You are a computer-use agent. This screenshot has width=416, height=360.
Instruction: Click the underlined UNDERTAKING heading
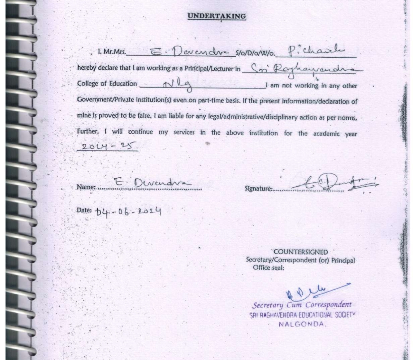point(217,16)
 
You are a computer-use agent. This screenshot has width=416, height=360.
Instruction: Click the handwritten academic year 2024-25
point(107,146)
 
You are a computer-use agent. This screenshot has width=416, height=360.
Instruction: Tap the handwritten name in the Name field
point(153,183)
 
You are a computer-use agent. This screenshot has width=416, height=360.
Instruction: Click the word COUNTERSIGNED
point(301,252)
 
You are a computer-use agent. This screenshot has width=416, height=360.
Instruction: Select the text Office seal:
point(268,268)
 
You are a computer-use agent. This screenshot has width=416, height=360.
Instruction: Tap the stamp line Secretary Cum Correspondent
point(302,305)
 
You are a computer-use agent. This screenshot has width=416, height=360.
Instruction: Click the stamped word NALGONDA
point(302,324)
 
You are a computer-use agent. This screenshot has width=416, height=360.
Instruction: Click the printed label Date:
point(84,210)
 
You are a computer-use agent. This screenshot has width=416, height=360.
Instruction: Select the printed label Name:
point(87,187)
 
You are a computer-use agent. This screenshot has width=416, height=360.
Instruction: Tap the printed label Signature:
point(258,189)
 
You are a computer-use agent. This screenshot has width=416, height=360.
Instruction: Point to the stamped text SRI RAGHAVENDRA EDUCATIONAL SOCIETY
point(302,315)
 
